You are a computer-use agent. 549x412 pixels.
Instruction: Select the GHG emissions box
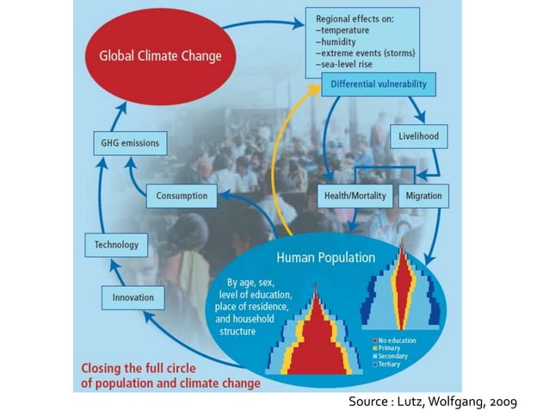131,143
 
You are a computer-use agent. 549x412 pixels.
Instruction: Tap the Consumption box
182,196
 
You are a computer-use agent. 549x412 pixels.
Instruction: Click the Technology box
116,245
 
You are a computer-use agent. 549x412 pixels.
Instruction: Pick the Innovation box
133,297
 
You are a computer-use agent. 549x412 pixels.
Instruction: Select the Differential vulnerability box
379,84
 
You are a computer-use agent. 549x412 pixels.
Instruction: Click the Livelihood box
419,136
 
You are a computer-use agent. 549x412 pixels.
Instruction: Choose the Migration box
424,196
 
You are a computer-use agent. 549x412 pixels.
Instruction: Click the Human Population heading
325,257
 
